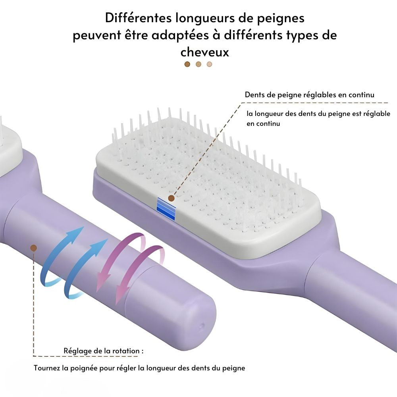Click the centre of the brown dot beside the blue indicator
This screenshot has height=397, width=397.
click(x=172, y=198)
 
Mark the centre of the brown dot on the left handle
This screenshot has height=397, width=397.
click(x=33, y=248)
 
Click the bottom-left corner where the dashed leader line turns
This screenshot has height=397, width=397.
click(x=33, y=356)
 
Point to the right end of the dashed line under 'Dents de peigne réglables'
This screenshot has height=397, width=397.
click(x=388, y=103)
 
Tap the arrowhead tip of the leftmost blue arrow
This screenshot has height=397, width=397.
click(x=84, y=227)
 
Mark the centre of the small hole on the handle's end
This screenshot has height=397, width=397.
click(x=202, y=326)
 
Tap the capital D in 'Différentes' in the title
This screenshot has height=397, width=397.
click(x=109, y=18)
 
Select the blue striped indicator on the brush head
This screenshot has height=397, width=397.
click(x=166, y=209)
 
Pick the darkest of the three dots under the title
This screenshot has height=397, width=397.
click(x=187, y=64)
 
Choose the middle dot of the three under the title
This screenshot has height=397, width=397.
click(x=198, y=64)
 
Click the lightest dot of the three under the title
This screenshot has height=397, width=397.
click(x=209, y=64)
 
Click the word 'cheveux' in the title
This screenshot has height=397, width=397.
click(x=204, y=52)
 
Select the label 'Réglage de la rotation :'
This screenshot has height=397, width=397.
click(x=104, y=351)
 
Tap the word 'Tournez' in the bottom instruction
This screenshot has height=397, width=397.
click(x=46, y=368)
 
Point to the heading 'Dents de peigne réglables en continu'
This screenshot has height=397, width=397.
click(x=309, y=95)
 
